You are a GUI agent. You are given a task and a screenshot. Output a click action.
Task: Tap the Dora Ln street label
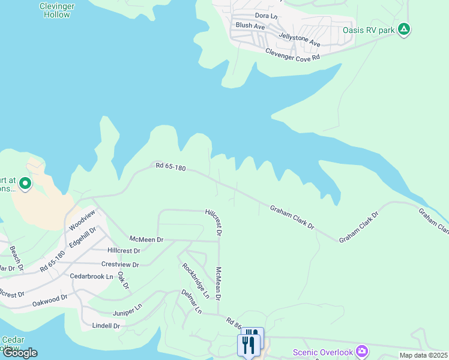266,16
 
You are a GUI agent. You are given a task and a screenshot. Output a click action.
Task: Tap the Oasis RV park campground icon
405,29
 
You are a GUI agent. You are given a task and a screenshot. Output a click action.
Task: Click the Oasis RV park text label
369,29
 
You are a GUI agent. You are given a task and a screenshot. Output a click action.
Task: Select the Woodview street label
82,220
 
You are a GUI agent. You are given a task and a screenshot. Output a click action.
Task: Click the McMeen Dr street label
143,239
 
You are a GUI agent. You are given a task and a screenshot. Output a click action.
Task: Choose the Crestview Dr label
120,265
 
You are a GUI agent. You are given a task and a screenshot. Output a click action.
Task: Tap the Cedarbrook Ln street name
92,277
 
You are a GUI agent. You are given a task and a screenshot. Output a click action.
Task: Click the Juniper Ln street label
127,310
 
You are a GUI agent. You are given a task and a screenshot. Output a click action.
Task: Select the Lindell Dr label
106,326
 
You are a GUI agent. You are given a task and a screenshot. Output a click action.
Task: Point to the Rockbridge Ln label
196,281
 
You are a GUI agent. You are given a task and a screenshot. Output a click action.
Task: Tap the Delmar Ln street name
192,301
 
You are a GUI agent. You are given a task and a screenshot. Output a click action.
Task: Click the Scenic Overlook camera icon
361,350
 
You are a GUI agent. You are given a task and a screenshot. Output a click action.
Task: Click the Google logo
20,353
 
